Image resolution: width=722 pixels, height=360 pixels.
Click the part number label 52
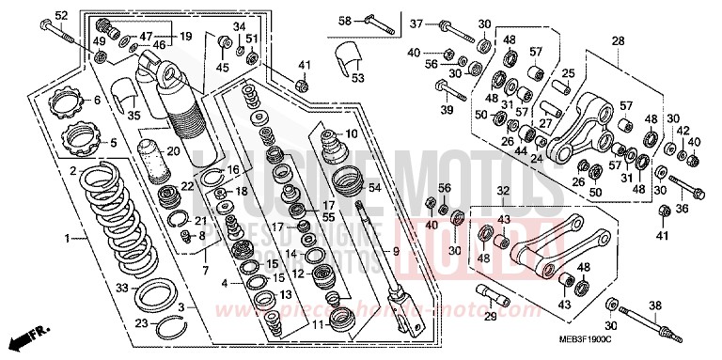61,16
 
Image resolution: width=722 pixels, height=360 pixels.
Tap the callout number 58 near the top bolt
344,21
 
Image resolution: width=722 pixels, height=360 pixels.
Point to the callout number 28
618,41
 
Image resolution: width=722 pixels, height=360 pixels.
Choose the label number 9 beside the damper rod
397,252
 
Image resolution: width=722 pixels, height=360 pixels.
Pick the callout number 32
503,191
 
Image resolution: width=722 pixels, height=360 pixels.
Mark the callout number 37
417,23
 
